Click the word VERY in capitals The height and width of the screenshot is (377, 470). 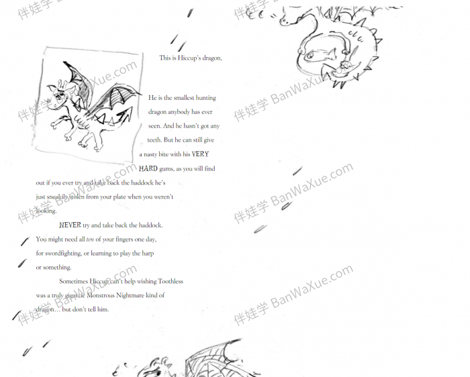tap(200, 154)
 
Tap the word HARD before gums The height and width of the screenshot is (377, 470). tap(148, 168)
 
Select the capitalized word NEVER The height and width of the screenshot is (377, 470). tap(70, 225)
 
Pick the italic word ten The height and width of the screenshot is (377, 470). tap(91, 239)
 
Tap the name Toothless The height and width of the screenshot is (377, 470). tap(170, 282)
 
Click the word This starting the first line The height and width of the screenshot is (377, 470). tap(165, 58)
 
